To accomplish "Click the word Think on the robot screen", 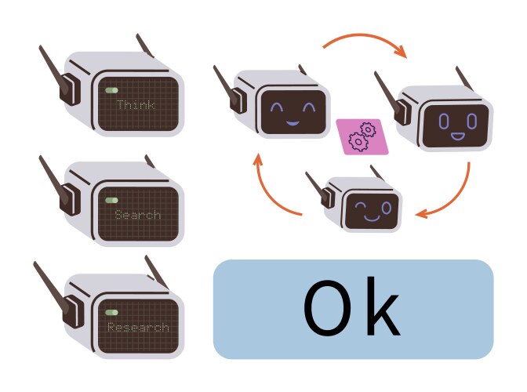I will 136,104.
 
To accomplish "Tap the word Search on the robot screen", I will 137,215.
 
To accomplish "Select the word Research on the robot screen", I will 138,327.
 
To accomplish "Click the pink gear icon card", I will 361,136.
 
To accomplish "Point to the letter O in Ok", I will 325,309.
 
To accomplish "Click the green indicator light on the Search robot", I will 111,201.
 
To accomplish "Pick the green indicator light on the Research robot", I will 111,311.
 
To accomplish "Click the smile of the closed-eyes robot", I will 291,121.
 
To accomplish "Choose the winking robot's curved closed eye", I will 358,208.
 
